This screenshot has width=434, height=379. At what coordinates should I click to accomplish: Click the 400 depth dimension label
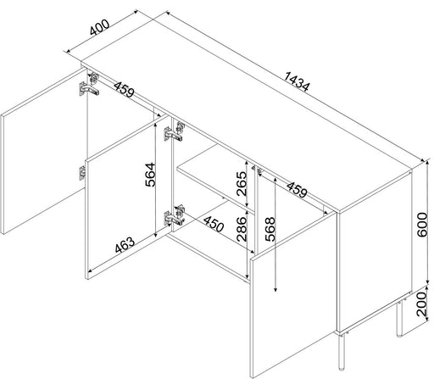99,27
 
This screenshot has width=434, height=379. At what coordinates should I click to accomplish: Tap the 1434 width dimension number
297,82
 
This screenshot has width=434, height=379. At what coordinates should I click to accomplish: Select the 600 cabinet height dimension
422,225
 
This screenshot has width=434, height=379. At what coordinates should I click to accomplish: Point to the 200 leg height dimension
422,304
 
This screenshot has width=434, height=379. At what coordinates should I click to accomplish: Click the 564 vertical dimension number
150,175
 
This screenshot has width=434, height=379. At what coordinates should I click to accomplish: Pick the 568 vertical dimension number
270,229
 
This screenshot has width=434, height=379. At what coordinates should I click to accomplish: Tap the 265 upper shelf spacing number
242,184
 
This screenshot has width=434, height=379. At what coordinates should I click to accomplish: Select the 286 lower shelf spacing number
242,229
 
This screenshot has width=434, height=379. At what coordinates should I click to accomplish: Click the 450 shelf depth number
214,224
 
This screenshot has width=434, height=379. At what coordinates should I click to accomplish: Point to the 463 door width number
125,245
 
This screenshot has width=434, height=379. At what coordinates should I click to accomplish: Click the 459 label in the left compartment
124,90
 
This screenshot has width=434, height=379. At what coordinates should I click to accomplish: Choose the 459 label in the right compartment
297,189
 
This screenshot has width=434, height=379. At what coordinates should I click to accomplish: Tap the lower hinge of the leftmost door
82,173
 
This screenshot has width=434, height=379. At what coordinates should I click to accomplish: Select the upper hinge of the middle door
174,131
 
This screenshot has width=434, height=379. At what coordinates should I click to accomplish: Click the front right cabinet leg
342,352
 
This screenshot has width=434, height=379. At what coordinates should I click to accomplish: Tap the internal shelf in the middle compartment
214,177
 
